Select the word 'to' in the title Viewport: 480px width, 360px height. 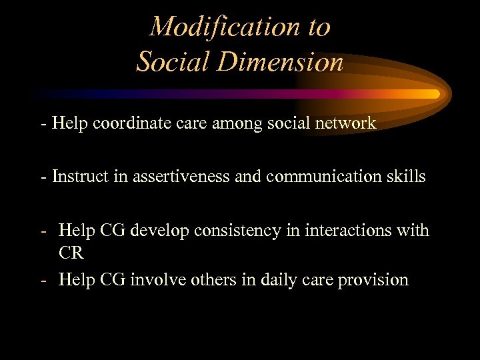pos(317,27)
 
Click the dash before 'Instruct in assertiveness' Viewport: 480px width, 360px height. pos(43,177)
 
